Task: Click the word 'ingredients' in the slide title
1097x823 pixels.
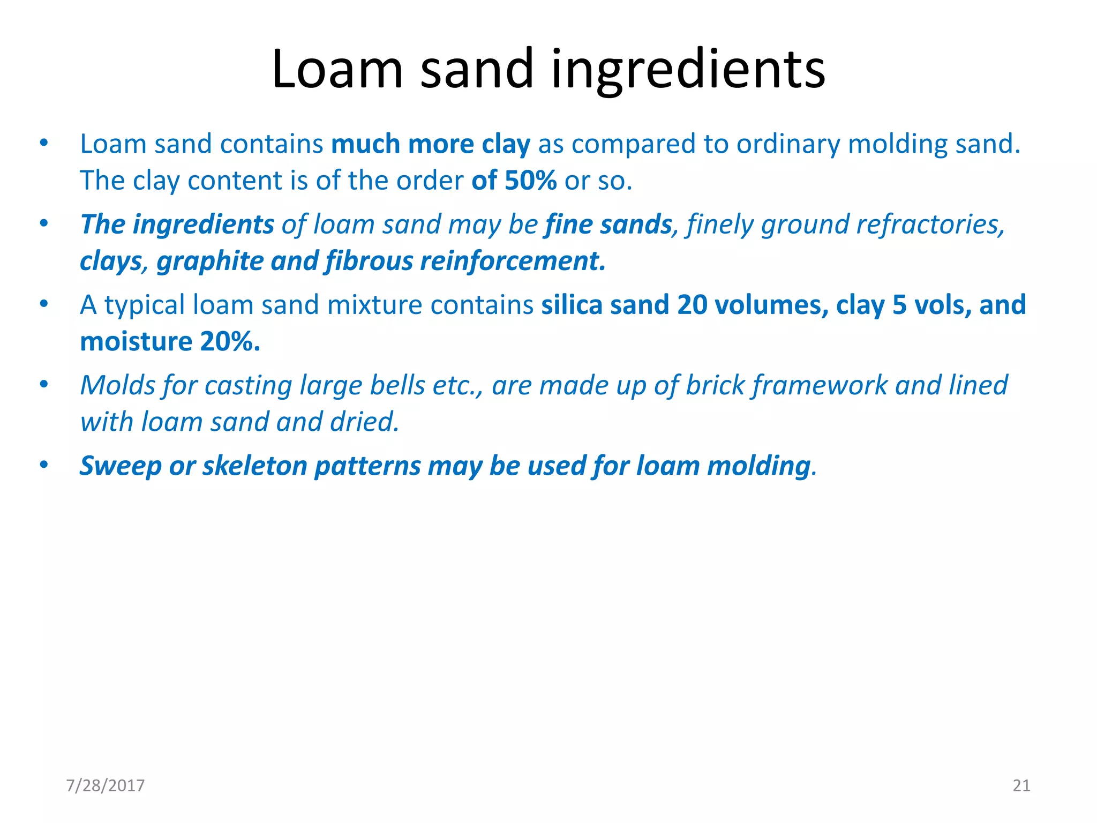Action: (x=688, y=70)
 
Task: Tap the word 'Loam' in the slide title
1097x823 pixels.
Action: (x=337, y=70)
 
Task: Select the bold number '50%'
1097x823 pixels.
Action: (x=530, y=181)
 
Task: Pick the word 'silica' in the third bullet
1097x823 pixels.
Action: (x=572, y=305)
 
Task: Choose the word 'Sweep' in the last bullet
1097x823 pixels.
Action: (x=121, y=466)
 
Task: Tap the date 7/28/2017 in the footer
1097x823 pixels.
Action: (x=106, y=785)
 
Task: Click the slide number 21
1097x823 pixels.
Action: (x=1021, y=785)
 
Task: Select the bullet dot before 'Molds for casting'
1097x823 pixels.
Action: (x=44, y=384)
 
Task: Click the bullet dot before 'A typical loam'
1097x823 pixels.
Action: (x=44, y=304)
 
